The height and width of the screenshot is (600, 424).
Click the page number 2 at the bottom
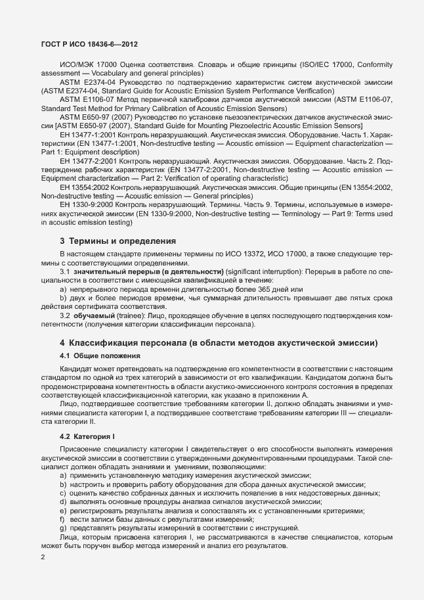click(43, 557)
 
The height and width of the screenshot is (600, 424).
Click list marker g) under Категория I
click(63, 528)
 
